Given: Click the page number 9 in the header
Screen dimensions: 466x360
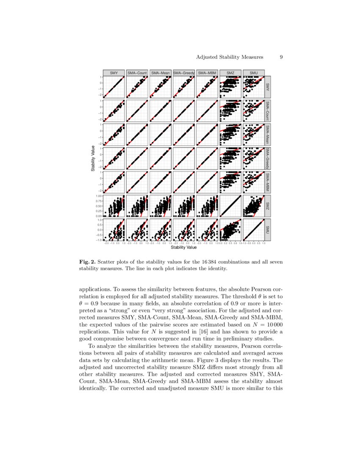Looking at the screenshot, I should [x=281, y=57].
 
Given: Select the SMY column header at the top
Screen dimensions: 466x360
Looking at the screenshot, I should [x=114, y=73].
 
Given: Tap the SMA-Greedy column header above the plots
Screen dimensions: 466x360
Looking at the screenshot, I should [x=184, y=73].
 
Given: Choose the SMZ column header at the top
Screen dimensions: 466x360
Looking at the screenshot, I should [x=231, y=73].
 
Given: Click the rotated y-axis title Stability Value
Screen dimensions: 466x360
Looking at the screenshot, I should [x=92, y=158].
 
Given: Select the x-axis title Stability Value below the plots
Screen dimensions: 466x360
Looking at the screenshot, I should [x=183, y=247].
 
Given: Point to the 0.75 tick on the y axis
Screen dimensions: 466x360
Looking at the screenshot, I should [x=99, y=201].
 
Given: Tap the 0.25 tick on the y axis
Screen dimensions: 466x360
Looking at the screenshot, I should [x=99, y=211].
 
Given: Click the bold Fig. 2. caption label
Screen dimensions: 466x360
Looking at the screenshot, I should [x=87, y=262].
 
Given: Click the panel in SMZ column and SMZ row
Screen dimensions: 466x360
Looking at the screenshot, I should [x=231, y=205].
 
